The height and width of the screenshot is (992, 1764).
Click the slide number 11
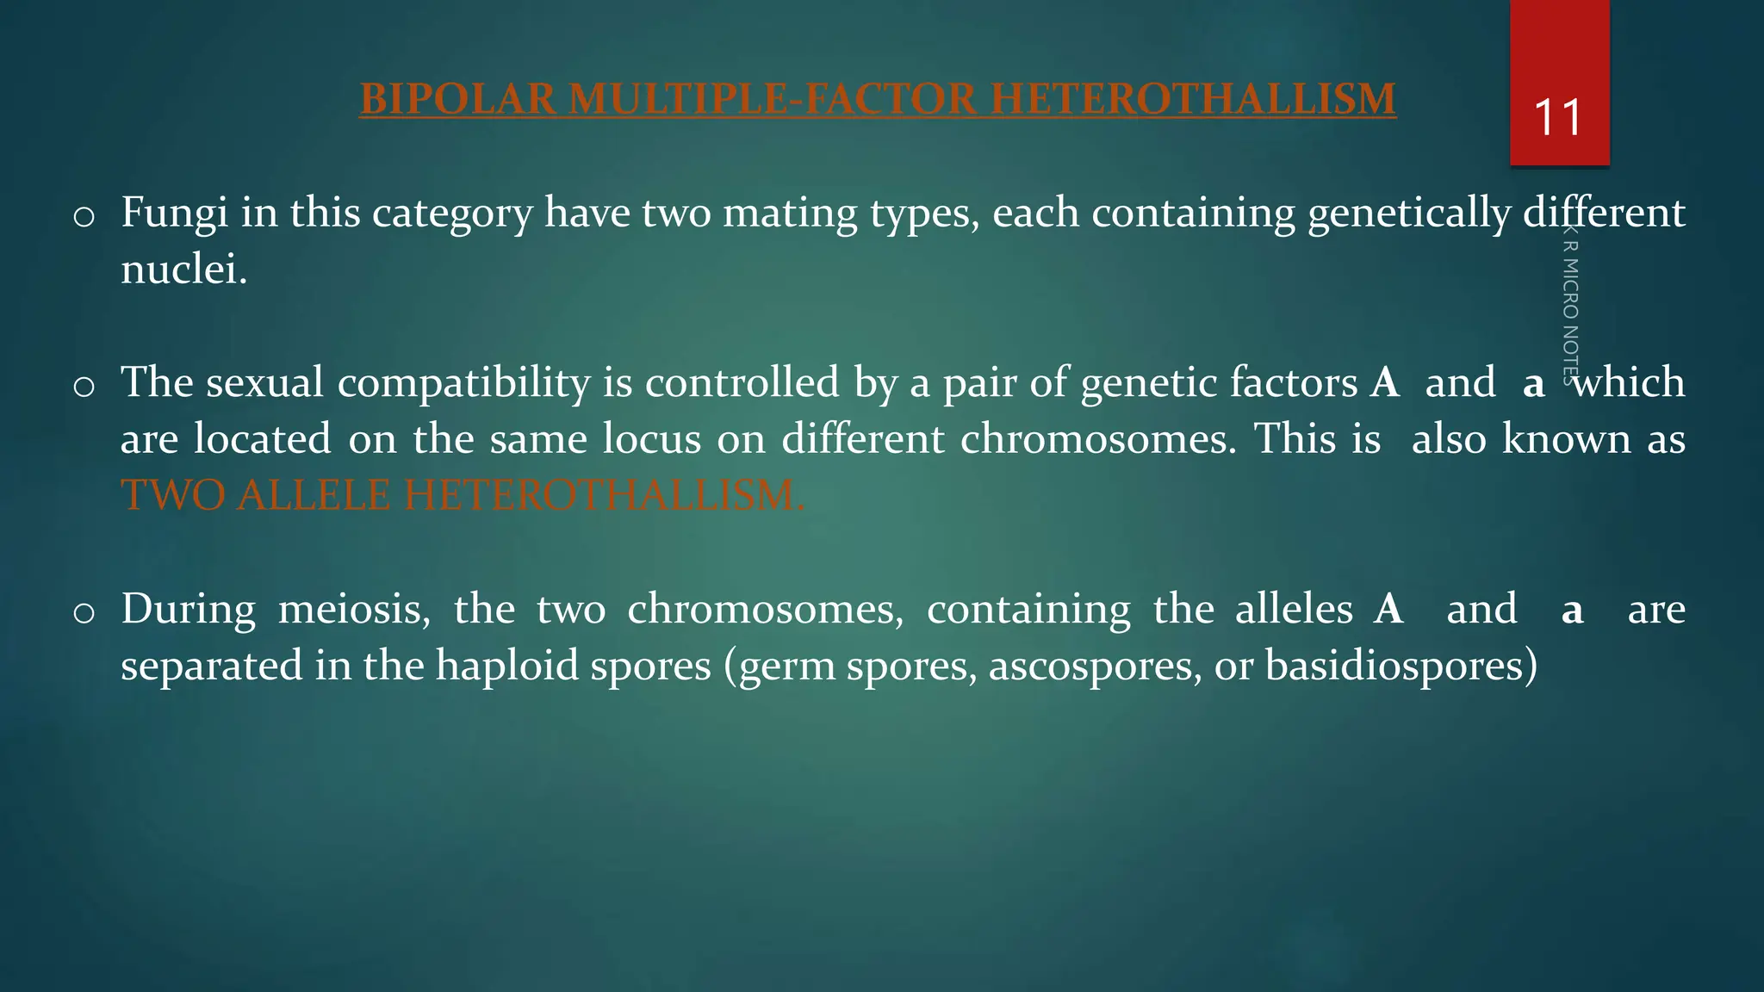(x=1558, y=118)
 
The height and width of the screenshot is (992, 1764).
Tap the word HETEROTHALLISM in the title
(x=1193, y=99)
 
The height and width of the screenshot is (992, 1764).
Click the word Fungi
(x=174, y=213)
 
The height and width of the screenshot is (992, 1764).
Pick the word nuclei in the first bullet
(x=183, y=270)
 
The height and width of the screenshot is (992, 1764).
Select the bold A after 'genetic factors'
(x=1385, y=382)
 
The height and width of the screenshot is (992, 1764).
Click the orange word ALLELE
(x=314, y=495)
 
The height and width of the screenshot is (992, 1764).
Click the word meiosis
(x=354, y=609)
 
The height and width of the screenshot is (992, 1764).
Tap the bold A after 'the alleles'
(x=1388, y=609)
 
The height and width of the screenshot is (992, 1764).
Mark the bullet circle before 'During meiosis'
(x=84, y=613)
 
